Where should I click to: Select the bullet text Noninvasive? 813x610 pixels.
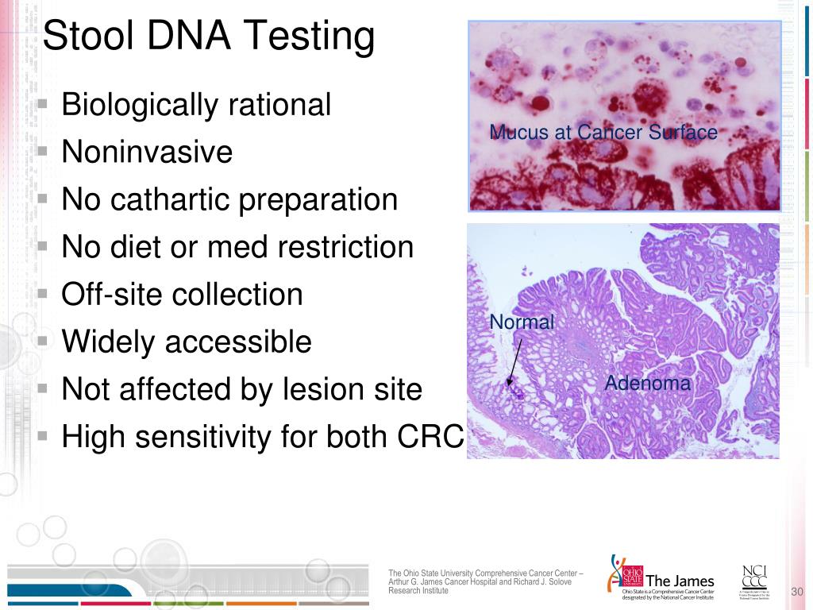[x=147, y=152]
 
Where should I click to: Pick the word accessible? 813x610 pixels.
[x=238, y=342]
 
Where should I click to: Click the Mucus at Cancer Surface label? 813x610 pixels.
[x=603, y=133]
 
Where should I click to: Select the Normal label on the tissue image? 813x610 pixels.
[x=522, y=322]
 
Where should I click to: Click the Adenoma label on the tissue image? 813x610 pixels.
[x=648, y=384]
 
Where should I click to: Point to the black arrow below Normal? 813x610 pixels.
[x=514, y=363]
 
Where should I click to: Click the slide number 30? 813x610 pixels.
[x=798, y=592]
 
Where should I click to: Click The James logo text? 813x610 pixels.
[x=680, y=581]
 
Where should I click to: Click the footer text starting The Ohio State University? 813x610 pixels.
[x=484, y=582]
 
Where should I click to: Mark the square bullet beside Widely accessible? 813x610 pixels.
[x=44, y=342]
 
